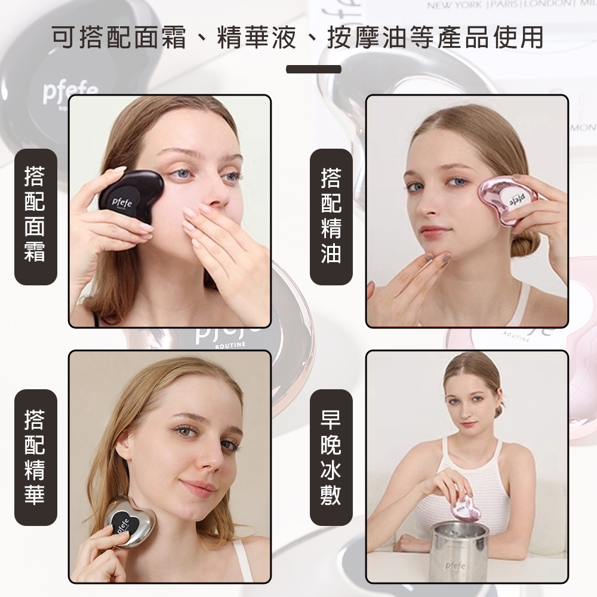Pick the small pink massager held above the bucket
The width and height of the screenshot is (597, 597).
coord(463,508)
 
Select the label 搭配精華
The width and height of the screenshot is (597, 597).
coord(35,457)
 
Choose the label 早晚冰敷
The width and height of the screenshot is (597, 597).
coord(331,457)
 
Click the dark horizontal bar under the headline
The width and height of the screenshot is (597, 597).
coord(313,69)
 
